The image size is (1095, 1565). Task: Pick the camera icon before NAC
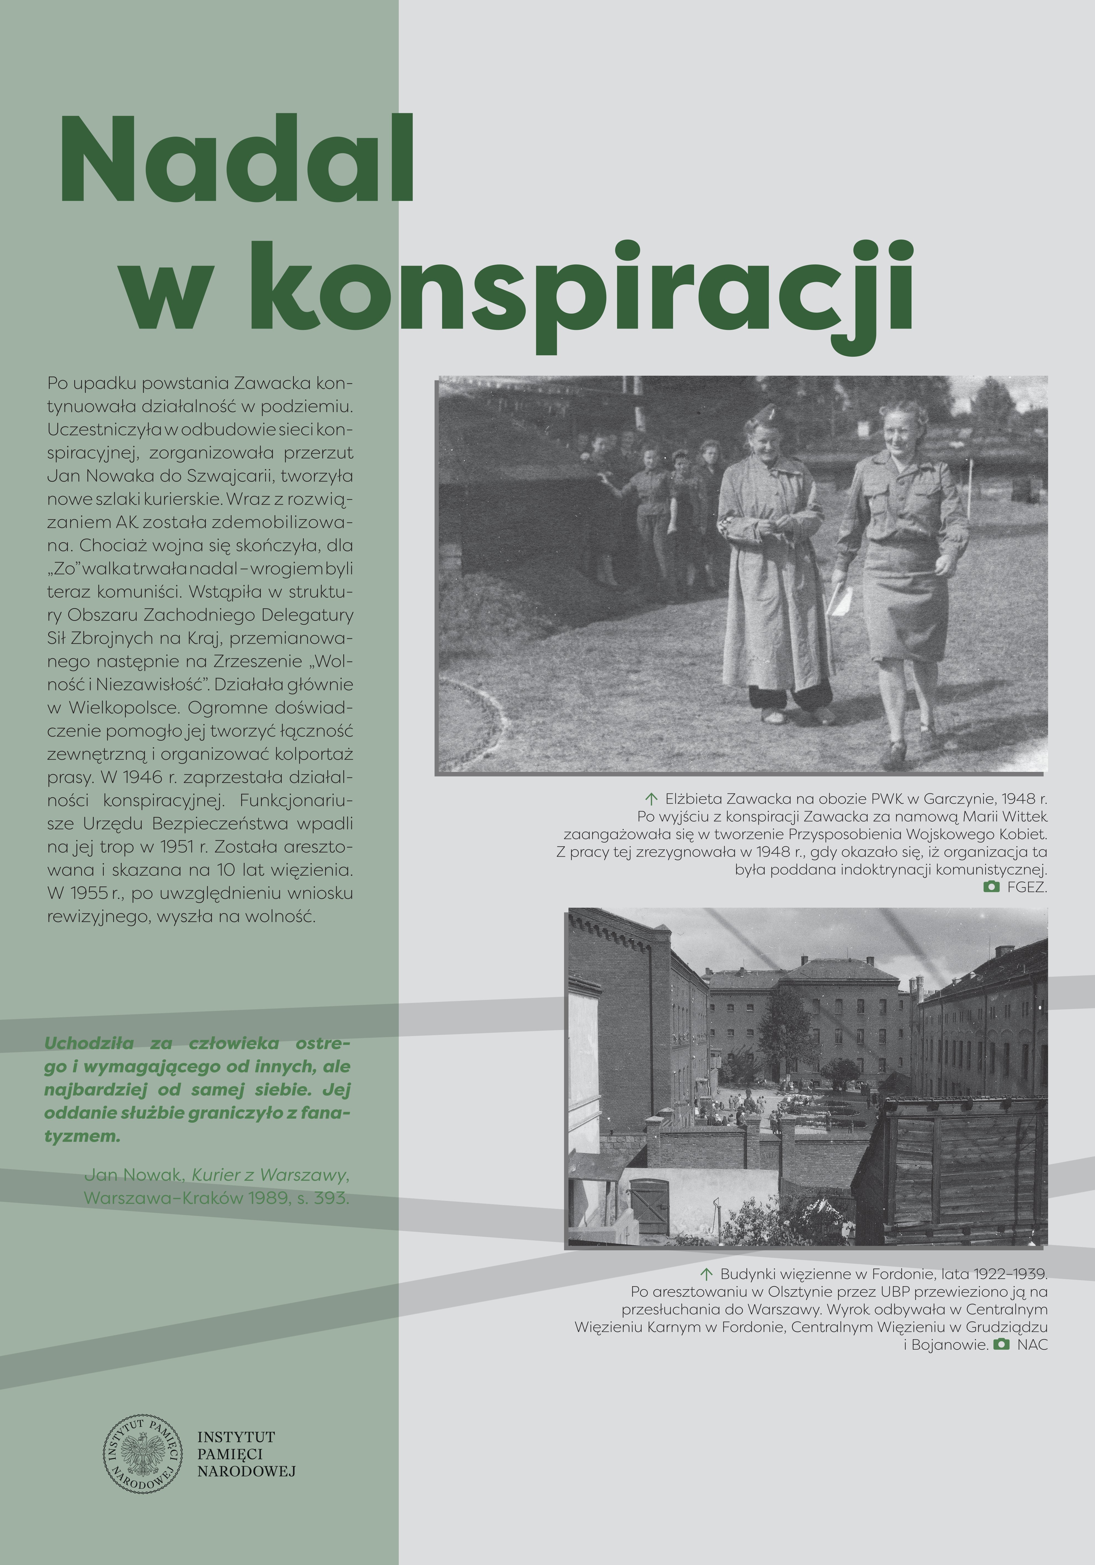pos(1001,1344)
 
